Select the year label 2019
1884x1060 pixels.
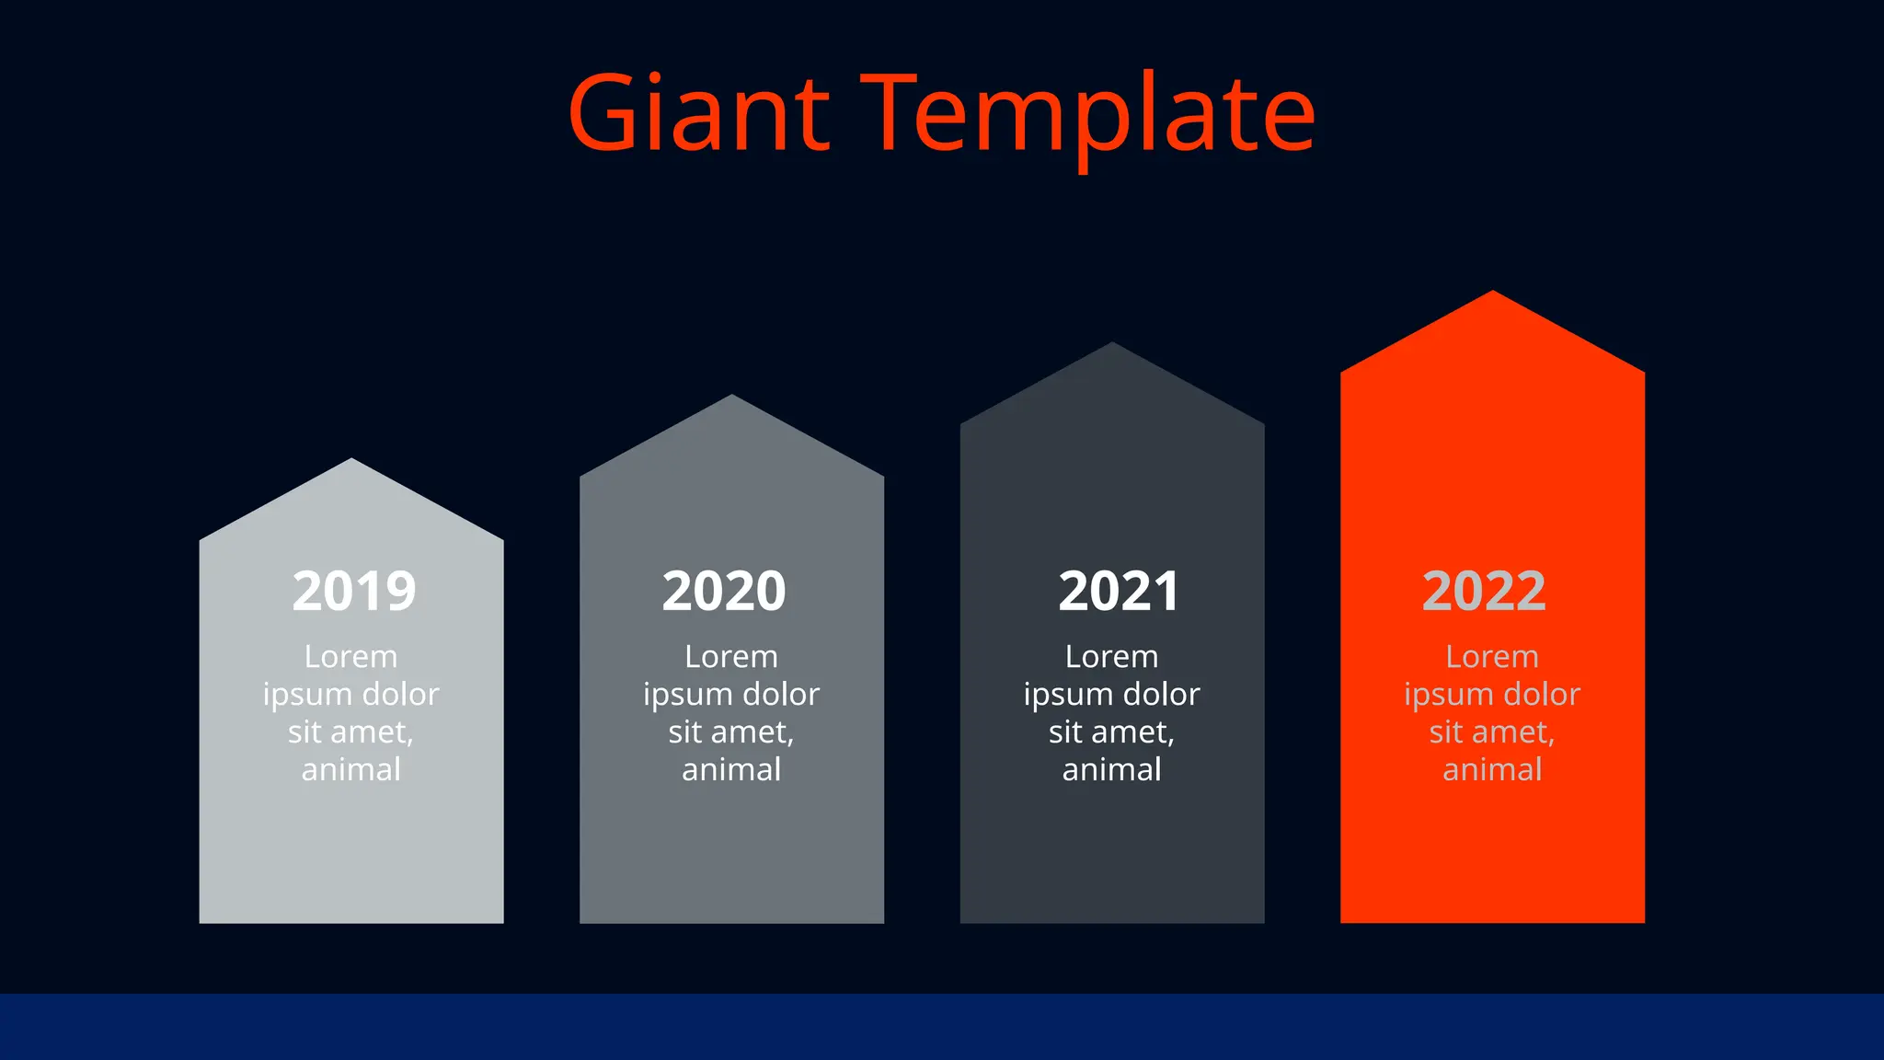click(x=354, y=591)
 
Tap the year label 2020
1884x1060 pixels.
click(x=724, y=591)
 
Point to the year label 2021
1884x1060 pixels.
click(x=1118, y=591)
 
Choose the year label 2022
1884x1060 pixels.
click(x=1483, y=591)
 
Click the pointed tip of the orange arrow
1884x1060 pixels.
click(x=1492, y=294)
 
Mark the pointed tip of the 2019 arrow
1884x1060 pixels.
click(x=351, y=463)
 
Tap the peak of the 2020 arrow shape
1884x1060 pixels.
click(x=732, y=399)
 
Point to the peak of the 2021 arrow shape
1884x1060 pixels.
click(x=1112, y=347)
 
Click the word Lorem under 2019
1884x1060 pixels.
click(x=350, y=657)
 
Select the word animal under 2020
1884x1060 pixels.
click(x=731, y=769)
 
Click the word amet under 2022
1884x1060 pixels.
click(x=1513, y=732)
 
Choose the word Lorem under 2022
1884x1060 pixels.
click(x=1491, y=657)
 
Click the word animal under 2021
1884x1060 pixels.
click(x=1111, y=769)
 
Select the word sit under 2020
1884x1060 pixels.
click(x=685, y=732)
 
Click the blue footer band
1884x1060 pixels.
click(x=942, y=1026)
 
